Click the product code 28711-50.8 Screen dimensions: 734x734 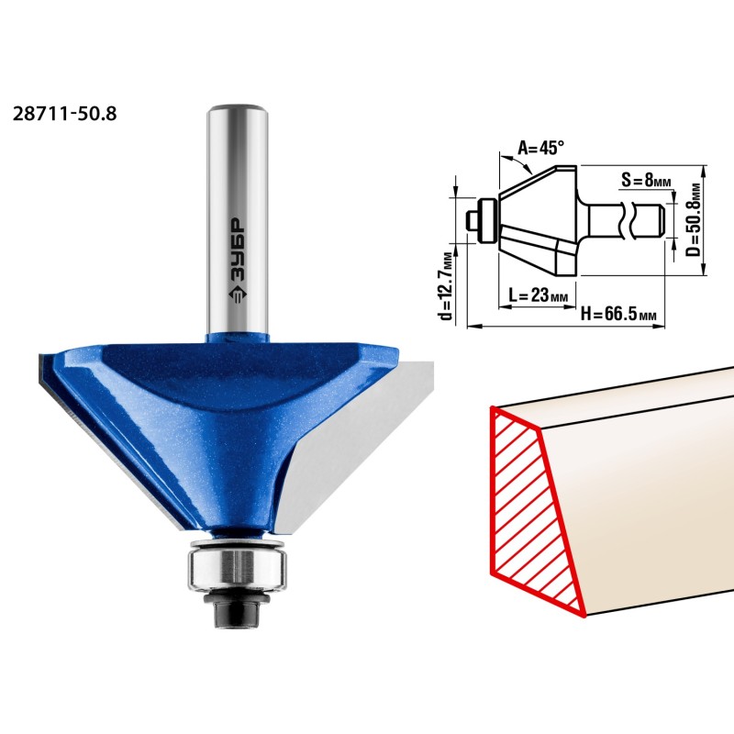64,114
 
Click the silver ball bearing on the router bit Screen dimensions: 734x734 237,567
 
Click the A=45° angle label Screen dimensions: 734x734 540,149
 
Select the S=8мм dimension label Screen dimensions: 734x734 646,179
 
